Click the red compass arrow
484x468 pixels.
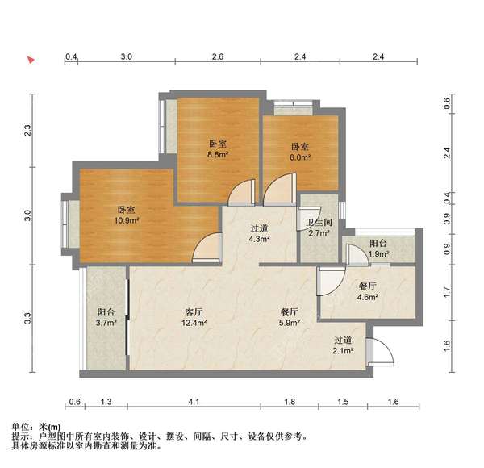click(31, 60)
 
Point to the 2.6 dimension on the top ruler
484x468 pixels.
click(218, 57)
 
